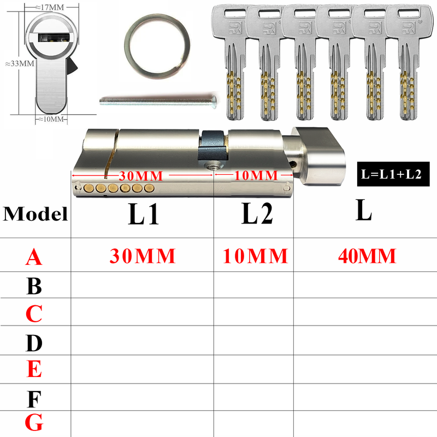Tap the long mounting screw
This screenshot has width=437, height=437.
(x=158, y=101)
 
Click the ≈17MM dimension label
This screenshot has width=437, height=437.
(x=50, y=8)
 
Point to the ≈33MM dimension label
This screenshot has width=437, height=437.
(x=20, y=63)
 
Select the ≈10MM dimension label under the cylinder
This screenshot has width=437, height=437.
(x=51, y=119)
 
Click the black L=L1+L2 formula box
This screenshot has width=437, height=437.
(x=393, y=174)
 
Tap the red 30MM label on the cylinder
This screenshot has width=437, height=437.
(x=141, y=176)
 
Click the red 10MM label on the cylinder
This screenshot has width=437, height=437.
(x=256, y=175)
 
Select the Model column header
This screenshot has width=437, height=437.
(x=36, y=214)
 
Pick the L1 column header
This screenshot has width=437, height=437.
(x=143, y=214)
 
